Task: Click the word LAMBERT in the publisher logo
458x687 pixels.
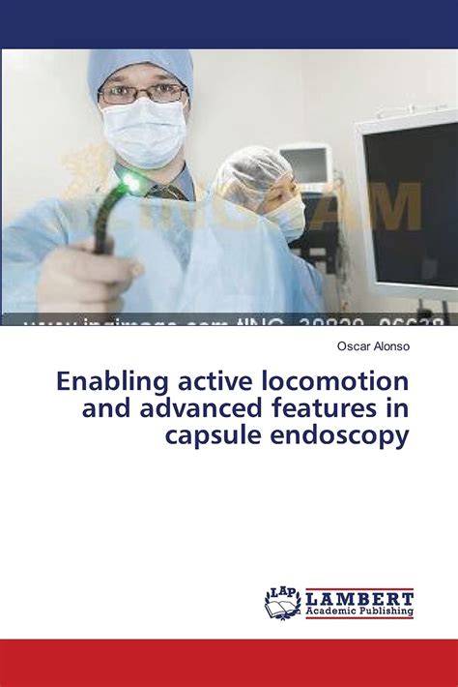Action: pos(359,596)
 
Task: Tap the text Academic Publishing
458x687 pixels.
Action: pos(359,612)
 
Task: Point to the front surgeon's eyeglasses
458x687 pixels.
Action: pos(142,94)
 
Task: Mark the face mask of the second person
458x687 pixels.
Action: pos(288,219)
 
